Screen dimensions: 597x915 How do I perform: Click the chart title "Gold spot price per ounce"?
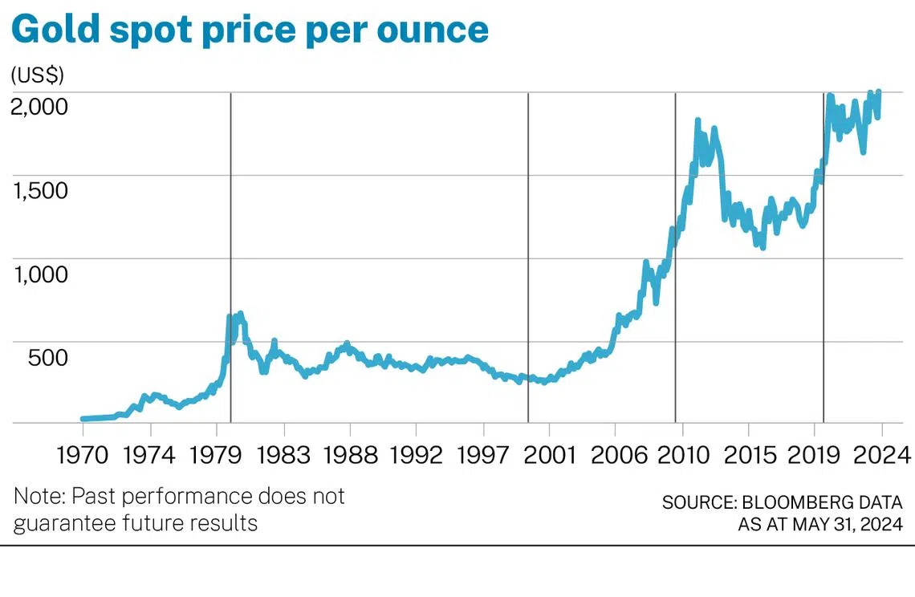[x=250, y=30]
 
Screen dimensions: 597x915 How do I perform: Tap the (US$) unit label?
[x=38, y=75]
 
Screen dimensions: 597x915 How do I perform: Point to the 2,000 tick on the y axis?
[x=50, y=105]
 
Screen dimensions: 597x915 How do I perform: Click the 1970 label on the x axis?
[x=83, y=455]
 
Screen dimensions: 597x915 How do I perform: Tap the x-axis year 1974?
[x=150, y=455]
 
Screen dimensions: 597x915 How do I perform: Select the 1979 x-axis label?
[x=217, y=455]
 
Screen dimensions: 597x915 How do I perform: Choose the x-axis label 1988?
[x=349, y=455]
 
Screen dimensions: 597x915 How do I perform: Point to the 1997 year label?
[x=482, y=455]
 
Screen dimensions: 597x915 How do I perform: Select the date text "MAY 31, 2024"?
[x=847, y=525]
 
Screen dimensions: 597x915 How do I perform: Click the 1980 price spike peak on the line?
[x=240, y=314]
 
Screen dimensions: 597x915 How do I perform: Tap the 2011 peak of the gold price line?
[x=697, y=121]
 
